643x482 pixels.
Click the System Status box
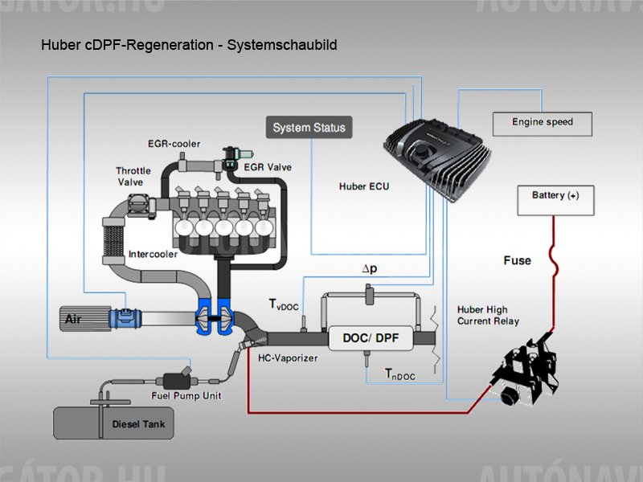coord(309,128)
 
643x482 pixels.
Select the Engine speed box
coord(543,123)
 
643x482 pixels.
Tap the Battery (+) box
coord(555,197)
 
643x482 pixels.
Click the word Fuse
coord(517,260)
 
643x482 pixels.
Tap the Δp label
coord(369,269)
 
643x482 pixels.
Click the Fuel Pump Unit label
coord(186,396)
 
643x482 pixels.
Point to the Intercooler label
coord(154,254)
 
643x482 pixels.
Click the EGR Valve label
coord(269,167)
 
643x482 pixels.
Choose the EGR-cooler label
coord(174,144)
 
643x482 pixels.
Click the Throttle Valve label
coord(133,177)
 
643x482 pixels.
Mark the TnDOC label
coord(399,374)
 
